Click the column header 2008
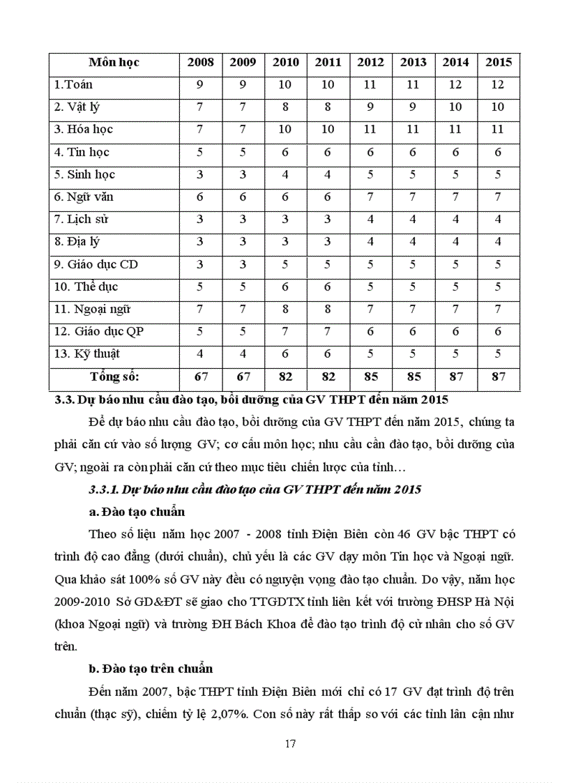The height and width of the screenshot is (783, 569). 200,62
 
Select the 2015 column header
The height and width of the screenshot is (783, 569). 499,62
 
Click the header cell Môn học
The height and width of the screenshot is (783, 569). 114,62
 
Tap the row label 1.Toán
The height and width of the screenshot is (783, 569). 73,84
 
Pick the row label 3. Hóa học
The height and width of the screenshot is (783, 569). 83,129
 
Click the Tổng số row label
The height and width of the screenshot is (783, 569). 114,377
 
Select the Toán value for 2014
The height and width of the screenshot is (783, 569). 455,84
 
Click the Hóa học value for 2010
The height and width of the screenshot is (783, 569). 285,129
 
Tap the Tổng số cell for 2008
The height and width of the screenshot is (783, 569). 200,377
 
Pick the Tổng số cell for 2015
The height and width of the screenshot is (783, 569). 499,377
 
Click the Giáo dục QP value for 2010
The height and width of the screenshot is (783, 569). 285,331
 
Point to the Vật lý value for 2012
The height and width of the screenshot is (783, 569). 370,107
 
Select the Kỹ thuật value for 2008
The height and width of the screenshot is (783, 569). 200,354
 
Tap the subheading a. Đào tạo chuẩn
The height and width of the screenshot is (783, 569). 137,512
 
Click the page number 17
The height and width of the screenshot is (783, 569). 291,743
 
